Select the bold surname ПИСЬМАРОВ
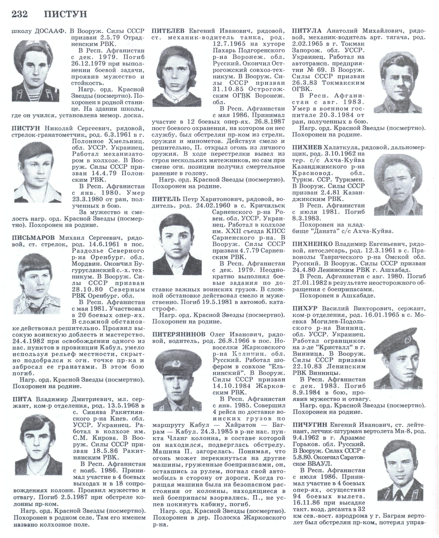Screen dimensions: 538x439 click(33, 238)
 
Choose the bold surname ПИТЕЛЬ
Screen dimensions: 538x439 click(166, 199)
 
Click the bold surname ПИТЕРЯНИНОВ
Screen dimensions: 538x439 click(179, 334)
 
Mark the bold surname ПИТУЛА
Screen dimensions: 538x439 click(307, 31)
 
